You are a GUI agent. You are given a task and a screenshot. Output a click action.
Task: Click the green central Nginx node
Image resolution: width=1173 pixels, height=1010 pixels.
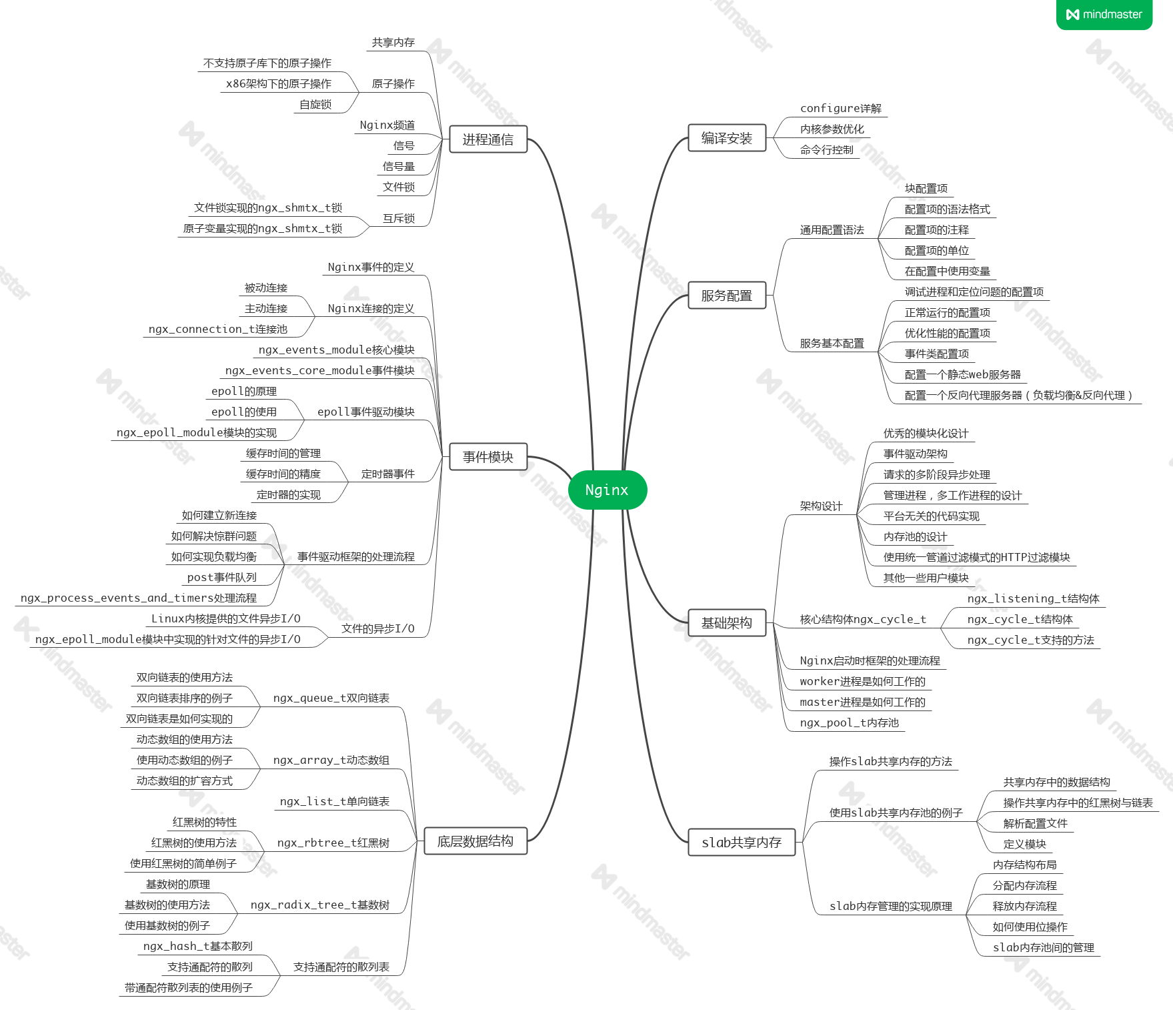607,490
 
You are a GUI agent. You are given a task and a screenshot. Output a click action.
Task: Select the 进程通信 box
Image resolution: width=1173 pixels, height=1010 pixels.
488,139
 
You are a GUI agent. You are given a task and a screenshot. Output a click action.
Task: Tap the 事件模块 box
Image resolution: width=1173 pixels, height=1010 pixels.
488,457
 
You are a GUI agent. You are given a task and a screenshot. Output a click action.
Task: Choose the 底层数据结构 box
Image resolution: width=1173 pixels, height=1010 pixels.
475,841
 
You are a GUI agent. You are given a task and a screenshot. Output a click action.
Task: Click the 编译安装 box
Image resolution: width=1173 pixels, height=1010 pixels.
726,138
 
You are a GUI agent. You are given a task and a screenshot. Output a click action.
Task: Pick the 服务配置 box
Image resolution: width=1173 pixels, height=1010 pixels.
726,296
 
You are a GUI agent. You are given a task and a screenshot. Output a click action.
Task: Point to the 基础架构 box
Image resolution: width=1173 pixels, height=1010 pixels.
726,623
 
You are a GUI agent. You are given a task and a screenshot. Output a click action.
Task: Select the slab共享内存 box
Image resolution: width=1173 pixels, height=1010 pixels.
742,843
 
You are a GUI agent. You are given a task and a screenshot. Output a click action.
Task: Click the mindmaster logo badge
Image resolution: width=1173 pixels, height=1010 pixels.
1104,14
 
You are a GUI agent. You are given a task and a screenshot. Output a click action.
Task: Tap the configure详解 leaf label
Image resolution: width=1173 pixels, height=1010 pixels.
840,108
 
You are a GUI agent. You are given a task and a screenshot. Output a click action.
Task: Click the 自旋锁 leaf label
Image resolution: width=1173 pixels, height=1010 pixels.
315,104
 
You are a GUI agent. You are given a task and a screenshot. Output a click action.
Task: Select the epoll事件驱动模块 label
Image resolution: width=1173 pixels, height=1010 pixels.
366,412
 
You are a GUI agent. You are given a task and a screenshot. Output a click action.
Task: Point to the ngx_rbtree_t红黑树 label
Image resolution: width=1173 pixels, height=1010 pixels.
333,843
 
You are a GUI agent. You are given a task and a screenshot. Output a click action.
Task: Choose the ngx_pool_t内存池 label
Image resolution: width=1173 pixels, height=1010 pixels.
849,722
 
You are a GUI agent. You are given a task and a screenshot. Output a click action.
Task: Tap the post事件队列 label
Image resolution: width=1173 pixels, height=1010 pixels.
222,577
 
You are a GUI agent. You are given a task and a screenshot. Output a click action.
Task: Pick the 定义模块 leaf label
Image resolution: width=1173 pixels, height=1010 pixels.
1024,844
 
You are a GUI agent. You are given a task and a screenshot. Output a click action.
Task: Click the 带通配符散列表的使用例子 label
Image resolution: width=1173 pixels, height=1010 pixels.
189,987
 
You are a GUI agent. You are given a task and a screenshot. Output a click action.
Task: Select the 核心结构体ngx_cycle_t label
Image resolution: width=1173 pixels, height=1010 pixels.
863,619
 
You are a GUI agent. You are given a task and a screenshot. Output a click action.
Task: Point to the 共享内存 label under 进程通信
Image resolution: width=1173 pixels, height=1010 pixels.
393,43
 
